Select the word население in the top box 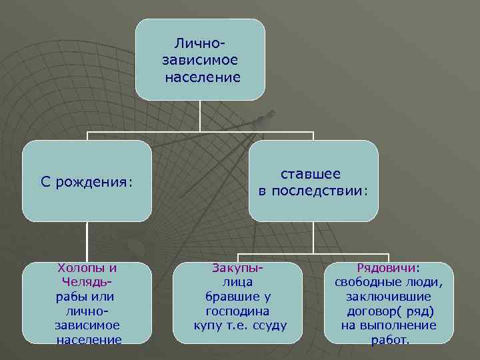pyautogui.click(x=202, y=77)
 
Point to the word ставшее pyautogui.click(x=311, y=174)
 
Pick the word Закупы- pyautogui.click(x=238, y=268)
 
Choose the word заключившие pyautogui.click(x=389, y=297)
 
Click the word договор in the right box pyautogui.click(x=374, y=311)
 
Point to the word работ pyautogui.click(x=389, y=340)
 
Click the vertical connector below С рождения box pyautogui.click(x=88, y=242)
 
